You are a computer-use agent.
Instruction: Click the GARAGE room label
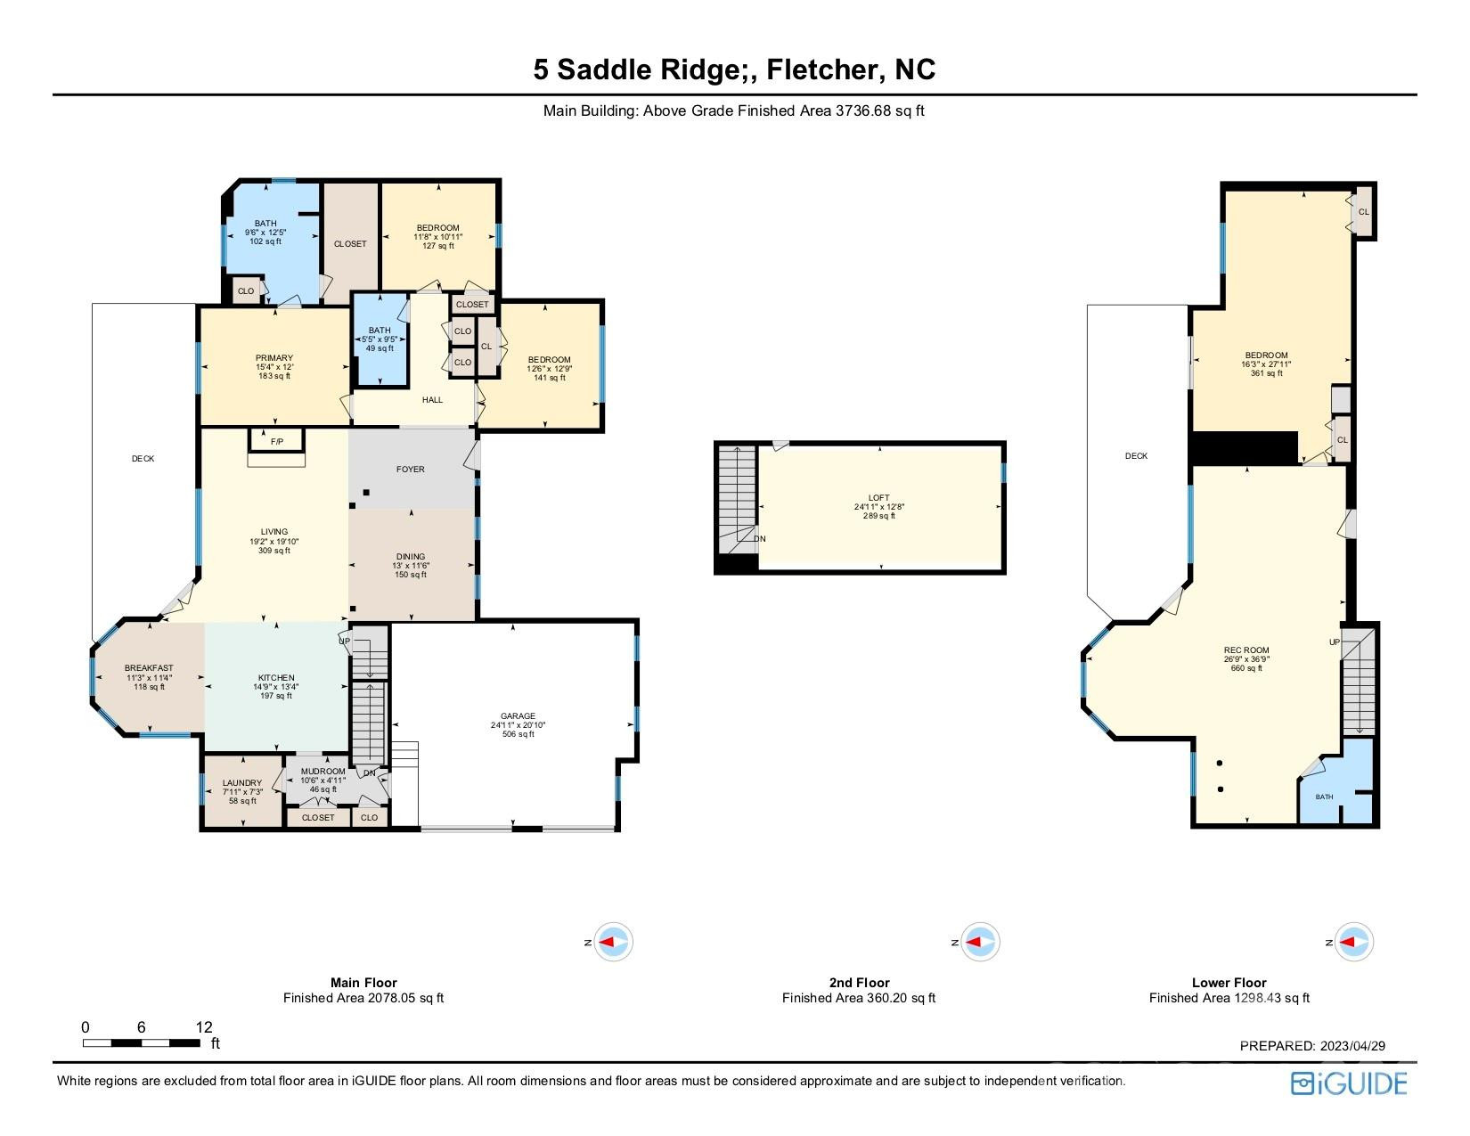(x=518, y=715)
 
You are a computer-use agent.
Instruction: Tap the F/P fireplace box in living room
(x=276, y=439)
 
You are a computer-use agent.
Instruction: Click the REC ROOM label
(x=1246, y=650)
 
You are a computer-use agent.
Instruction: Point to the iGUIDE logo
(x=1348, y=1083)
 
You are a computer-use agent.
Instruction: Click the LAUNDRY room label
(x=242, y=783)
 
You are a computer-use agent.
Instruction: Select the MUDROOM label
(x=323, y=772)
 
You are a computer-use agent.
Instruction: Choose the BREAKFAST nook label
(x=149, y=668)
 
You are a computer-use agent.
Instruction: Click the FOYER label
(x=411, y=470)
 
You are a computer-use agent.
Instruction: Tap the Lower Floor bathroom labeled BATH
(x=1325, y=797)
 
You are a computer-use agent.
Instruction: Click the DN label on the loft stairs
(x=760, y=539)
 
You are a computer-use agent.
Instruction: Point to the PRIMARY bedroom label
(x=274, y=358)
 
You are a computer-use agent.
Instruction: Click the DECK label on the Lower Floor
(x=1136, y=456)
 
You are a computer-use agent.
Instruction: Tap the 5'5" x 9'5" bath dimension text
(x=380, y=339)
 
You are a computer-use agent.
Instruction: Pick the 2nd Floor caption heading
(x=859, y=983)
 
